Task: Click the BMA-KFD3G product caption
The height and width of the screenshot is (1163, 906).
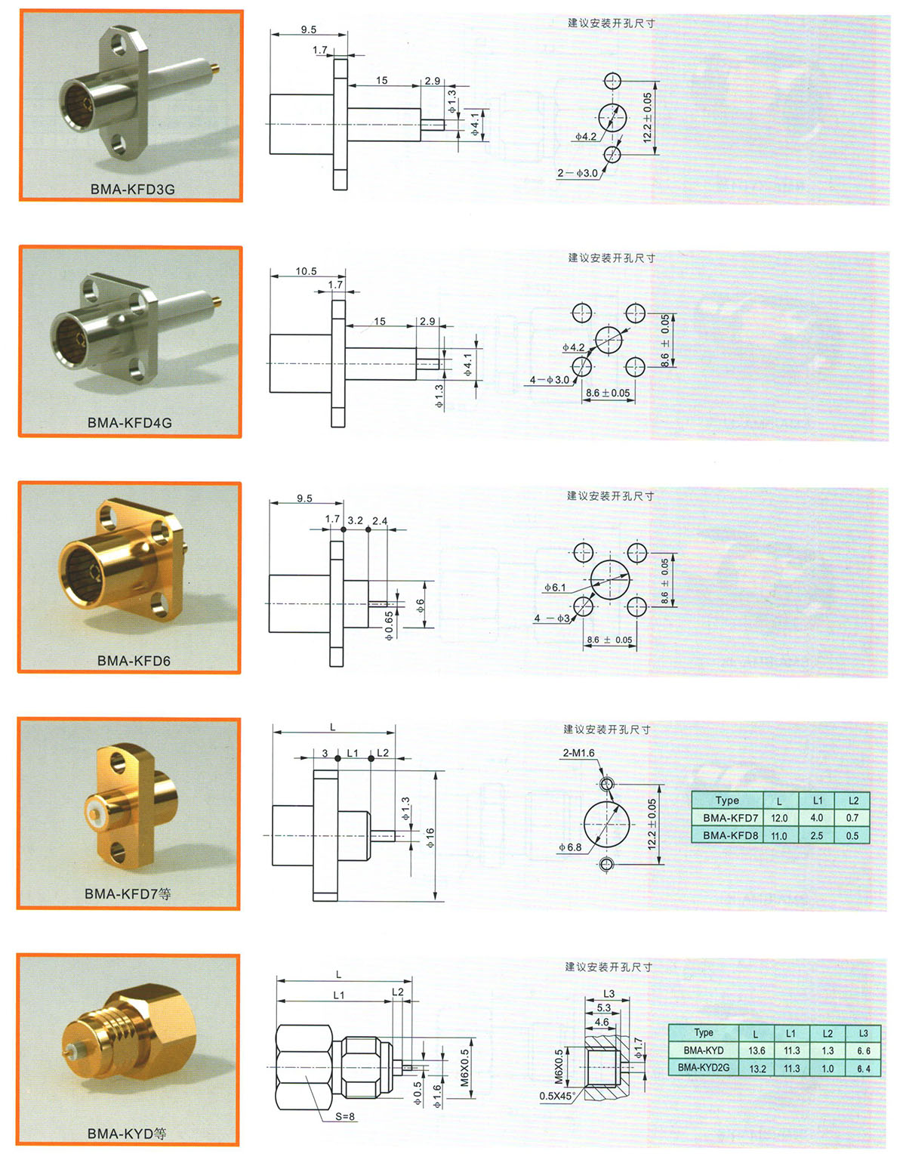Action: (132, 189)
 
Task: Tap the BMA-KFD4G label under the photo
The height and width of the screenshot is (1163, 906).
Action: (129, 423)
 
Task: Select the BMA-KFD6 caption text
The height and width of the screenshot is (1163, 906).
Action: (134, 661)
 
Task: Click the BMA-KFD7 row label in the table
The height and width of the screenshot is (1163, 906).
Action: (730, 818)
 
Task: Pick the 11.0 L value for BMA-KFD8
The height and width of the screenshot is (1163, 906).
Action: (778, 836)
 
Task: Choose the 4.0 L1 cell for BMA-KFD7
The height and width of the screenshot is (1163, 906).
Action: (817, 818)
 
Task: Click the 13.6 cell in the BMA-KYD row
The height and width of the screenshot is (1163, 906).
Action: (757, 1050)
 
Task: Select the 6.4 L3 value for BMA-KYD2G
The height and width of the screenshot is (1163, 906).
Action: (863, 1069)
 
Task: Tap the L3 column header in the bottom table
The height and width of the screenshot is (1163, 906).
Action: (863, 1033)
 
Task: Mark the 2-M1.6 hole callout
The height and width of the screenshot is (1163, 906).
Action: (578, 753)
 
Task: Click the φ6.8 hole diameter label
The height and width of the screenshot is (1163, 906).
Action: (570, 847)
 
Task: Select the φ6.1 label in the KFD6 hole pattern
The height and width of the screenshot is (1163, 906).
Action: (555, 587)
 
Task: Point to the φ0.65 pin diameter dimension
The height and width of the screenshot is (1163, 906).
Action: (389, 625)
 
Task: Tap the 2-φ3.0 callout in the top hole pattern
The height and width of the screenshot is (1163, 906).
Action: (578, 174)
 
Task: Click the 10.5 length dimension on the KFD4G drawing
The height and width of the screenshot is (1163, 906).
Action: (306, 271)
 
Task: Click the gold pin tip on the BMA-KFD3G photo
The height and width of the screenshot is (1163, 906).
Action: (215, 68)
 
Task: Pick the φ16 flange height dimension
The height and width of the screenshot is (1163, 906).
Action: (430, 838)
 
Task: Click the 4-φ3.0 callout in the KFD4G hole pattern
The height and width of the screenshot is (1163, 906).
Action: (550, 380)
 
